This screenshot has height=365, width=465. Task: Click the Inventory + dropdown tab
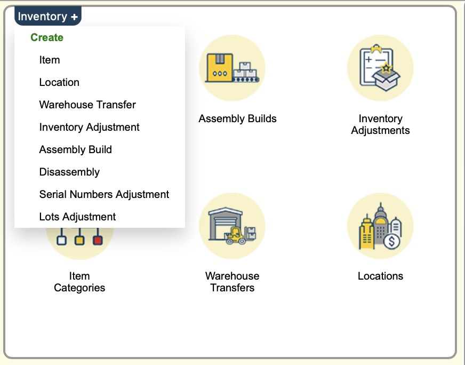point(48,16)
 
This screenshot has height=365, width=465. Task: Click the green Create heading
point(47,37)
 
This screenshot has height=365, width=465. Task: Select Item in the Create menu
point(50,60)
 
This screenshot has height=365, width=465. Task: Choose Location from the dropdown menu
point(59,82)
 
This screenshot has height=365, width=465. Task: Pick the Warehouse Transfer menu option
point(87,105)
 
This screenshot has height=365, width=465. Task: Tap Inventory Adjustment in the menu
point(89,127)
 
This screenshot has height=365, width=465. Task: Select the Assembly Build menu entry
point(76,149)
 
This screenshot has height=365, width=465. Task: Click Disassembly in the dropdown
point(69,172)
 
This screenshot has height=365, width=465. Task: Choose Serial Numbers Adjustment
point(104,194)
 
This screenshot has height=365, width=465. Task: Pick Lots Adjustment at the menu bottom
point(77,217)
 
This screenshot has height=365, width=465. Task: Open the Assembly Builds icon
point(232,68)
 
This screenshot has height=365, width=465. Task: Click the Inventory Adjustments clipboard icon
point(380,68)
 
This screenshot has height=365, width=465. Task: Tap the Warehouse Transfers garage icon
point(232,226)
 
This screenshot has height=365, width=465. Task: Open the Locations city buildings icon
point(380,226)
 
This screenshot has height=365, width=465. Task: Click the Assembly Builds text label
point(237,118)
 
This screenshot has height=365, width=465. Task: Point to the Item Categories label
point(79,282)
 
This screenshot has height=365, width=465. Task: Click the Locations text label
point(381,276)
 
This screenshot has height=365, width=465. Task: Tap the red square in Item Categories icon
point(98,240)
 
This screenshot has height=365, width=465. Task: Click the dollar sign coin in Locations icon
point(392,241)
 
